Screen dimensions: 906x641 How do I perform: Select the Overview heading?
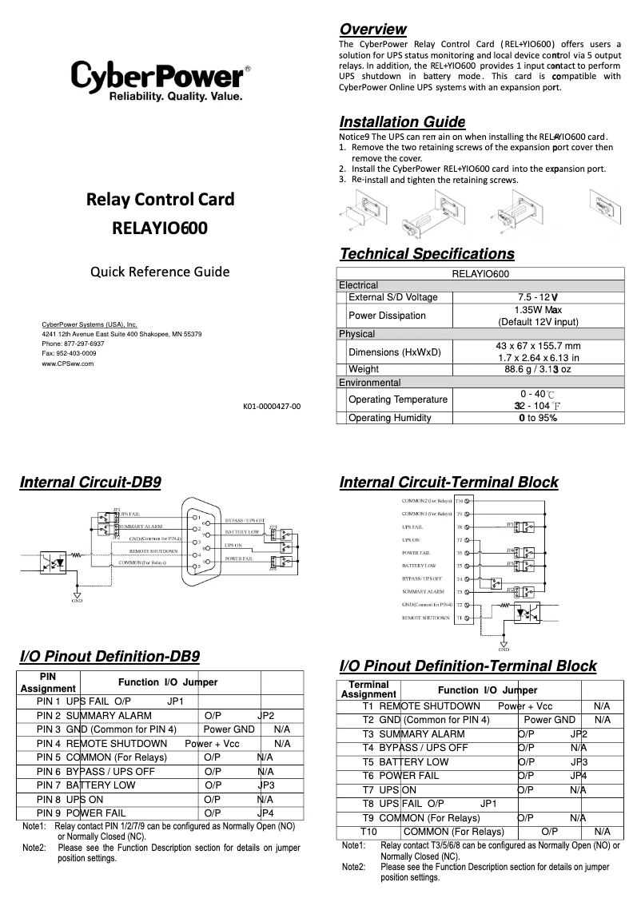372,30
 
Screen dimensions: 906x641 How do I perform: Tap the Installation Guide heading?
402,122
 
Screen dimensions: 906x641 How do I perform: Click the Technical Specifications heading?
427,254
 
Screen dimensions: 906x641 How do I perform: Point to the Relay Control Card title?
160,199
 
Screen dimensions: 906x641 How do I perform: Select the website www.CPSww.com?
68,363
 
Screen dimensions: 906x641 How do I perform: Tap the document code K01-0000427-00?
272,407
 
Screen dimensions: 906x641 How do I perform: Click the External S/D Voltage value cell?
537,297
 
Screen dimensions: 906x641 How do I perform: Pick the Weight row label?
364,369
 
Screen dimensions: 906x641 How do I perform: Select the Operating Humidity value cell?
537,418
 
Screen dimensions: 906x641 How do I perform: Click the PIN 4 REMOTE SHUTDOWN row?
160,743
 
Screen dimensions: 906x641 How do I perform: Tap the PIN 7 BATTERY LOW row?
160,785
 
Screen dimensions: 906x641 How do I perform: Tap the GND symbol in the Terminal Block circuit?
504,645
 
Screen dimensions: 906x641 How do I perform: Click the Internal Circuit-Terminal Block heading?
448,483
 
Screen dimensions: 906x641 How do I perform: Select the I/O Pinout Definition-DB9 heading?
109,657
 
